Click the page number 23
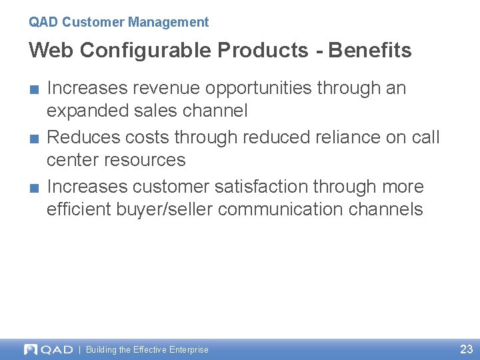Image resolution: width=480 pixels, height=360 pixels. pyautogui.click(x=466, y=349)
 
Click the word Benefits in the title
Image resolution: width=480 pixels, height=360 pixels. pyautogui.click(x=370, y=50)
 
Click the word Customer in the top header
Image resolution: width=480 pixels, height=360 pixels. pyautogui.click(x=93, y=22)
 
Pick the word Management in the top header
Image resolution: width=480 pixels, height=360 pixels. pyautogui.click(x=169, y=22)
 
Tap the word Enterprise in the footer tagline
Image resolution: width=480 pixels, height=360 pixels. pyautogui.click(x=189, y=350)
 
